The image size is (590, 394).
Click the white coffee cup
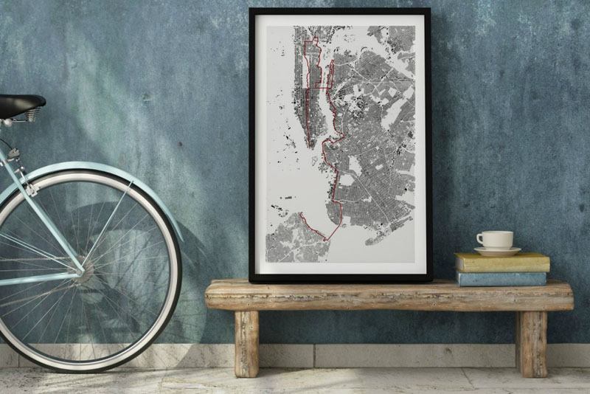pyautogui.click(x=496, y=239)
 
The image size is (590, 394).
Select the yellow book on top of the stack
pyautogui.click(x=502, y=262)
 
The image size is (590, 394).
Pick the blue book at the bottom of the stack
pyautogui.click(x=502, y=278)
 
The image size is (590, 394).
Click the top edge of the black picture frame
pyautogui.click(x=339, y=11)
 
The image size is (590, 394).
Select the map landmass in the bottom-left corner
pyautogui.click(x=295, y=240)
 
